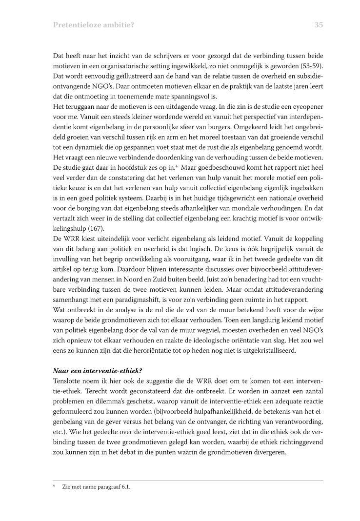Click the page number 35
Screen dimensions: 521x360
pyautogui.click(x=319, y=25)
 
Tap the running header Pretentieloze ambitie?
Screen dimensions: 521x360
pyautogui.click(x=90, y=25)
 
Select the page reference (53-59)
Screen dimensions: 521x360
pyautogui.click(x=312, y=66)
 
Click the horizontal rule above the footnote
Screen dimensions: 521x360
pyautogui.click(x=188, y=481)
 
